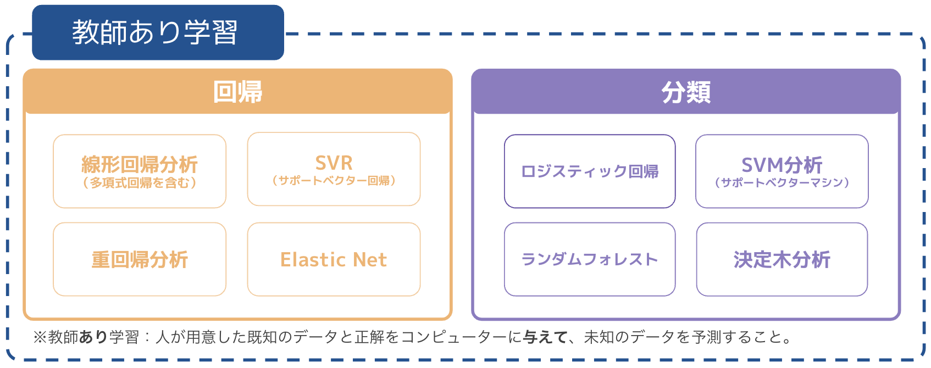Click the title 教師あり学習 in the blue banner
pos(154,32)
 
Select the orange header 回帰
pos(237,92)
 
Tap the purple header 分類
pos(686,92)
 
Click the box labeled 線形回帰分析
pos(140,164)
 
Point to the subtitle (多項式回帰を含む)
pos(140,183)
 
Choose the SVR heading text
pos(334,163)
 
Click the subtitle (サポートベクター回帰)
pos(334,181)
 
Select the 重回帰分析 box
pos(140,259)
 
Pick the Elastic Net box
pos(334,259)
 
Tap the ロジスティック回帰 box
pos(590,171)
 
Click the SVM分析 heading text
pos(782,164)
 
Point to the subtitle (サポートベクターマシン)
pos(782,183)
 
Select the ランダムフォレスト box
pos(590,259)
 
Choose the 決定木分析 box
pos(782,259)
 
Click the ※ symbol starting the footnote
pos(40,337)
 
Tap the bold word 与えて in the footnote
pos(545,337)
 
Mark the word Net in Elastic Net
pos(369,259)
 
